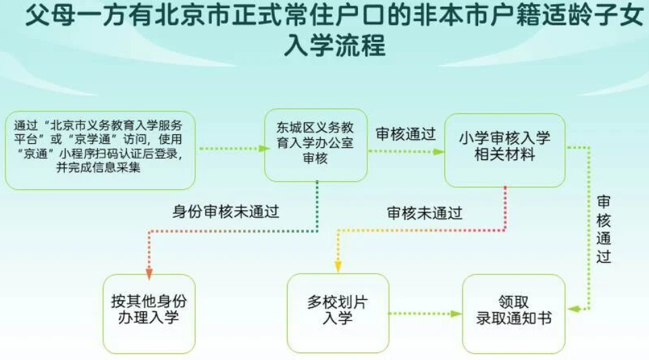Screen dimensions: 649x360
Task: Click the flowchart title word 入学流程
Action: (x=334, y=45)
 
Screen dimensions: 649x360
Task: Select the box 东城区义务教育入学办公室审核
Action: (x=316, y=145)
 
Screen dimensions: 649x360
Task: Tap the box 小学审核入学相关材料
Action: (x=504, y=150)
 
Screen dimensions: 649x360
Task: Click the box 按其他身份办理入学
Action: (x=149, y=313)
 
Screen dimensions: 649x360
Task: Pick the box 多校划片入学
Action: (x=338, y=313)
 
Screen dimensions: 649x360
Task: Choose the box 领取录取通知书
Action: (x=514, y=313)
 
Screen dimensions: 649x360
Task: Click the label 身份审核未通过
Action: (x=226, y=211)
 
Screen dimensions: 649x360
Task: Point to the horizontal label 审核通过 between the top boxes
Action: (x=406, y=134)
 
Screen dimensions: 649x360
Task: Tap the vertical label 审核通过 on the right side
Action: (x=604, y=229)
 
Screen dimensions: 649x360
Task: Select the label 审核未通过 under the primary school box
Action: (x=424, y=213)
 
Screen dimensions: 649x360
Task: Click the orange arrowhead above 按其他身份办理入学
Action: (x=149, y=274)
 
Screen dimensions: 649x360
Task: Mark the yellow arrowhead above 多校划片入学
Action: (x=338, y=267)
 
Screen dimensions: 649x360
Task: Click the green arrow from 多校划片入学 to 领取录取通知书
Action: (x=425, y=313)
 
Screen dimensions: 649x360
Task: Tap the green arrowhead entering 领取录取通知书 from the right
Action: (x=573, y=309)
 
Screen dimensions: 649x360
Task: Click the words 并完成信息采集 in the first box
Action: (x=99, y=168)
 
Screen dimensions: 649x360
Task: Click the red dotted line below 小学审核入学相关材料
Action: (x=505, y=208)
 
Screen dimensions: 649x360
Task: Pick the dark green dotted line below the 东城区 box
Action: (x=317, y=206)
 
